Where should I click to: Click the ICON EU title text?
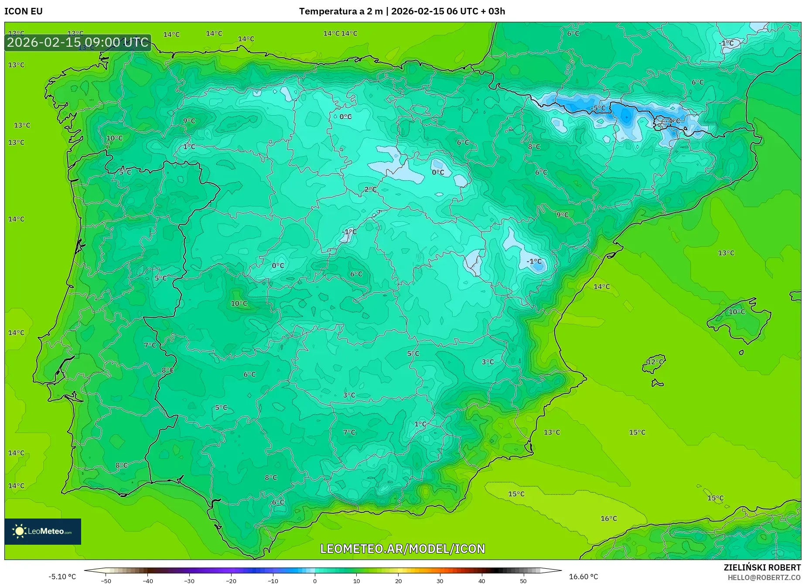(24, 11)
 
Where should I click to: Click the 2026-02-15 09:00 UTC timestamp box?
(78, 43)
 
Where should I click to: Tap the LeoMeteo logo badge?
(43, 531)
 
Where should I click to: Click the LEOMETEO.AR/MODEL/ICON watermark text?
(402, 549)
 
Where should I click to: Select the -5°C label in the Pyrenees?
(598, 108)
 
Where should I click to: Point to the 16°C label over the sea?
(609, 519)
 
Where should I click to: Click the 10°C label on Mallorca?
(737, 312)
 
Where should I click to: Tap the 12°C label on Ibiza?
(655, 362)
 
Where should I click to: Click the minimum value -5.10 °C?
(62, 577)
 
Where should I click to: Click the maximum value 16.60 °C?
(583, 577)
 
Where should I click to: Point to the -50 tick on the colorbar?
(106, 581)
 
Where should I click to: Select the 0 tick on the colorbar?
(315, 581)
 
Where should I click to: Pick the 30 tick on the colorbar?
(440, 581)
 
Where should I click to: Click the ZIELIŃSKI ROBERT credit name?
(762, 567)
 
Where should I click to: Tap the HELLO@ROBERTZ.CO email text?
(764, 577)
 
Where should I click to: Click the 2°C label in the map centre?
(370, 189)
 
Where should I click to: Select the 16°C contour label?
(609, 519)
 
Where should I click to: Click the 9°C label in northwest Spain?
(189, 121)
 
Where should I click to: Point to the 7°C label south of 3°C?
(349, 432)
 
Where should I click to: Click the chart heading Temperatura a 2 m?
(341, 11)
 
